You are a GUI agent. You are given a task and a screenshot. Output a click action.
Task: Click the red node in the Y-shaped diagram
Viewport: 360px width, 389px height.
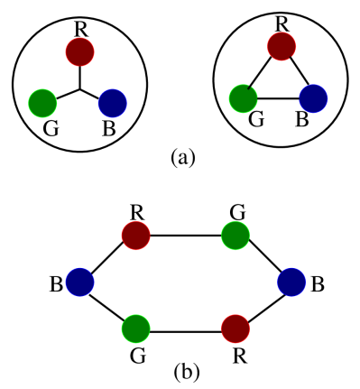click(x=79, y=51)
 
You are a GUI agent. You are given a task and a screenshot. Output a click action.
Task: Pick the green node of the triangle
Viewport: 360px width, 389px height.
click(x=243, y=97)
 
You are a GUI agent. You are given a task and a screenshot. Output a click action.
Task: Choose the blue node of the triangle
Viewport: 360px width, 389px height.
click(x=313, y=97)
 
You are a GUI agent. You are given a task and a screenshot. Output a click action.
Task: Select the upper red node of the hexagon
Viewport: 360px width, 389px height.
click(x=136, y=236)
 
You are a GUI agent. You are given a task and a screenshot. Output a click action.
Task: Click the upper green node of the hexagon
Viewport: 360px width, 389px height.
click(x=235, y=236)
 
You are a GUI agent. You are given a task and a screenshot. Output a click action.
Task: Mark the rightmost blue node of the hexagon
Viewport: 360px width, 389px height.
click(x=291, y=282)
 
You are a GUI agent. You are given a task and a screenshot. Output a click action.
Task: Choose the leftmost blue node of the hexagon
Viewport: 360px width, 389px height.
click(x=80, y=282)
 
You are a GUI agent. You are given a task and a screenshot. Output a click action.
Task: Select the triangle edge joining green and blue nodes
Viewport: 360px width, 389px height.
click(x=278, y=97)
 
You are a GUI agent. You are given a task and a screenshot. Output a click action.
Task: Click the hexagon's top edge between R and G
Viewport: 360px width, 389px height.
click(x=186, y=236)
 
